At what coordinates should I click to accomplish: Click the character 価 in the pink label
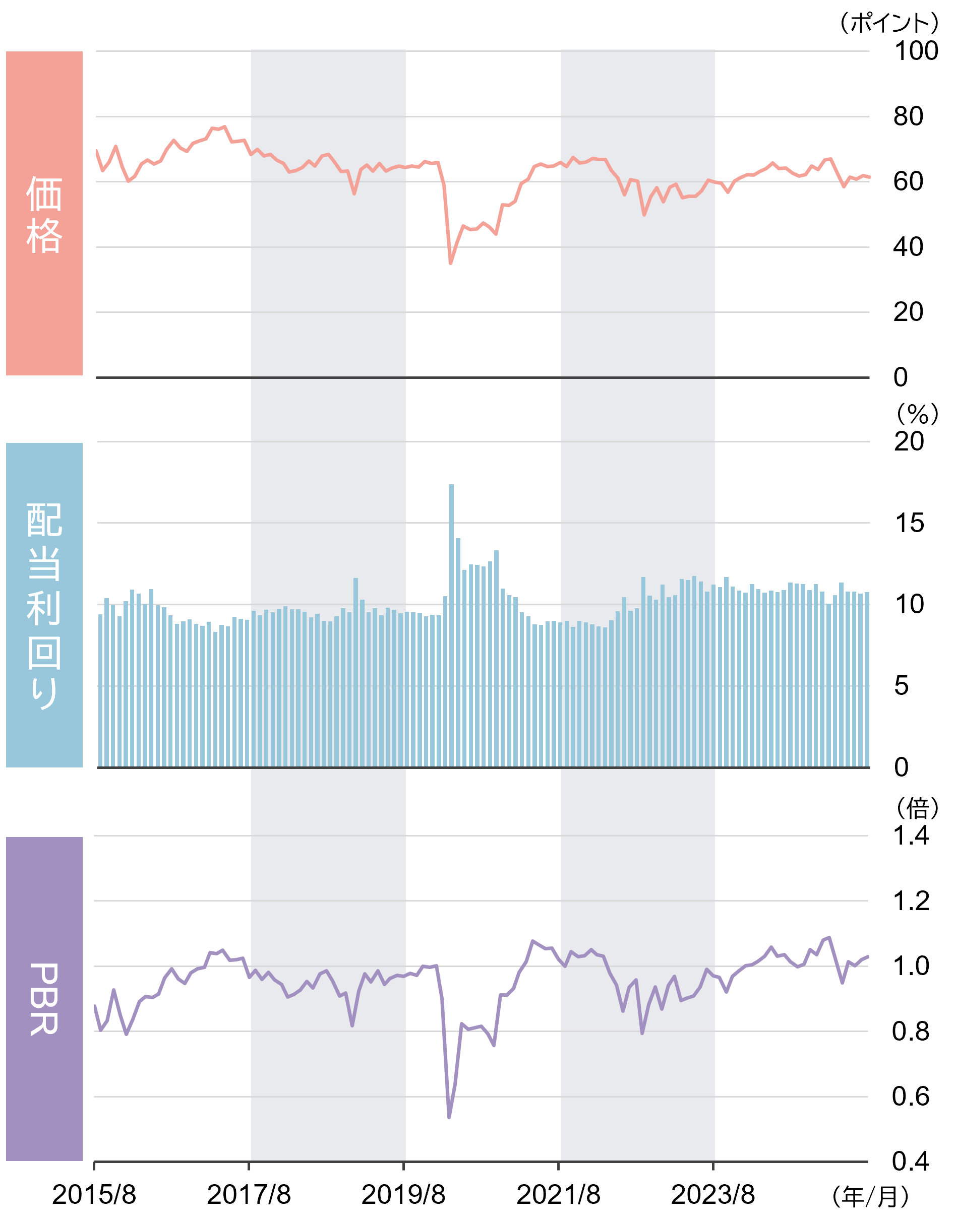tap(44, 193)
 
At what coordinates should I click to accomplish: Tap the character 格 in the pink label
tap(44, 236)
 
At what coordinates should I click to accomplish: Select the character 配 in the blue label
tap(44, 519)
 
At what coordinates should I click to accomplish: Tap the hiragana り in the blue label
tap(44, 693)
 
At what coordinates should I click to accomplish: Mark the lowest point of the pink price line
tap(451, 263)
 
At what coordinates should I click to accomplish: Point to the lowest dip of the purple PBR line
tap(449, 1118)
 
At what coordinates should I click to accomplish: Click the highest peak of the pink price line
tap(225, 126)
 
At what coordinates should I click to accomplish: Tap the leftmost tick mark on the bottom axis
tap(94, 1167)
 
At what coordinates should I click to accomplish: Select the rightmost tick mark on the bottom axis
tap(713, 1167)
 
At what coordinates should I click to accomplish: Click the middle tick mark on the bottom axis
tap(403, 1167)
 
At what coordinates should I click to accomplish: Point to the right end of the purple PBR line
tap(868, 956)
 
